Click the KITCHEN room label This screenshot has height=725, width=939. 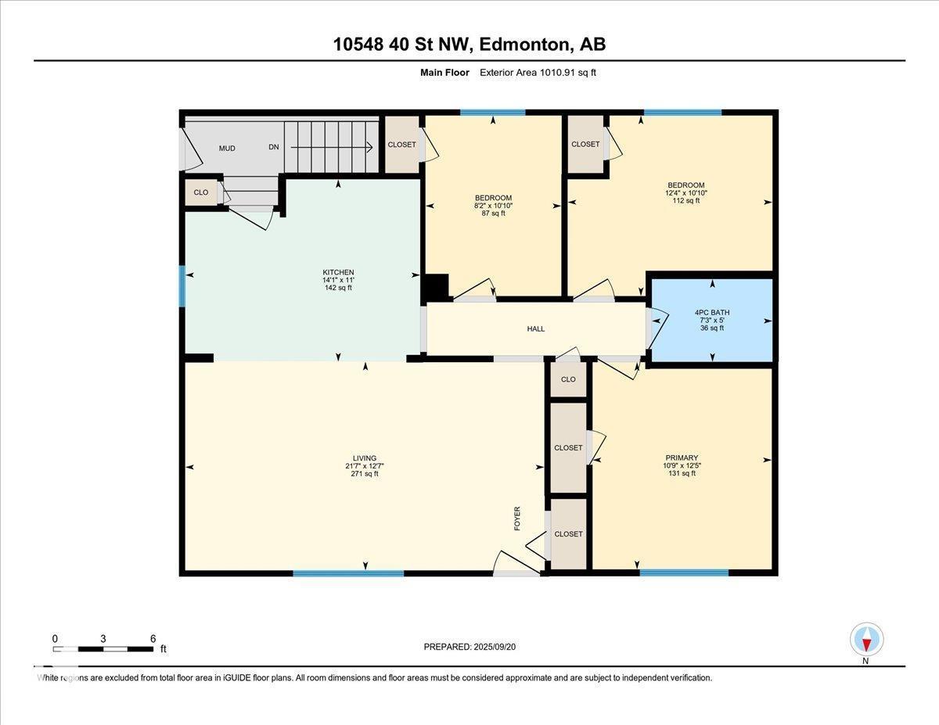(338, 272)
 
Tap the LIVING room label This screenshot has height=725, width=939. (365, 458)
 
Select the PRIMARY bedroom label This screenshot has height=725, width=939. (682, 458)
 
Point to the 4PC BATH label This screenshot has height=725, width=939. (712, 312)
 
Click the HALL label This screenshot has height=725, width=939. (536, 329)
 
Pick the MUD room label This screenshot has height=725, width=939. (227, 148)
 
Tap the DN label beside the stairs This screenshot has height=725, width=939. (274, 147)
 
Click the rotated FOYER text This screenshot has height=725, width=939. (517, 519)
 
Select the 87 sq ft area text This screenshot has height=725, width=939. (493, 213)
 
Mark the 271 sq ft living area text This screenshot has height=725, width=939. (365, 474)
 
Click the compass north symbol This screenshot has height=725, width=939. (866, 640)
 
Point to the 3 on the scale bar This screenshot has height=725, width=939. (103, 638)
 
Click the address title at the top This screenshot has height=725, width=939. (469, 45)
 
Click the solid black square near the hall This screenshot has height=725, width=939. (435, 286)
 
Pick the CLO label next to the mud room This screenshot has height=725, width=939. (201, 192)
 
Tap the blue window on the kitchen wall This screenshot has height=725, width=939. (182, 286)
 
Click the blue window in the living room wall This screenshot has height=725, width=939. (348, 573)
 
